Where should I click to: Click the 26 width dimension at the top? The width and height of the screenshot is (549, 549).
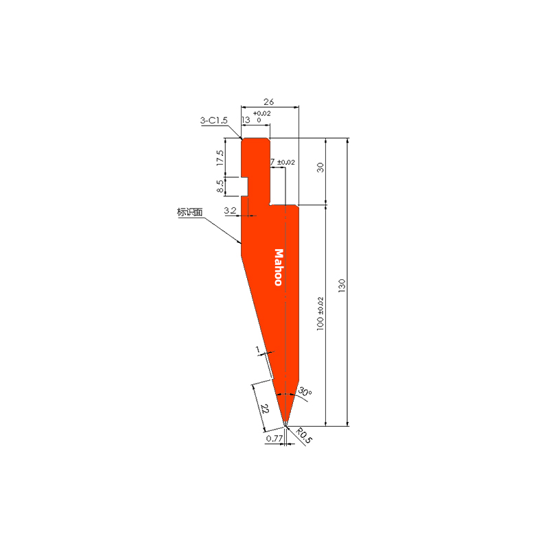coord(268,102)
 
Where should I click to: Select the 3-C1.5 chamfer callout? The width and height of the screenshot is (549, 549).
coord(213,121)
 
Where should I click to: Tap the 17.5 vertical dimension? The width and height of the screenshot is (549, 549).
coord(220,158)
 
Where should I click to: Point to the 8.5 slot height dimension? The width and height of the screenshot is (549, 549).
coord(220,186)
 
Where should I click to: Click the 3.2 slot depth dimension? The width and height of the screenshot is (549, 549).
coord(231,211)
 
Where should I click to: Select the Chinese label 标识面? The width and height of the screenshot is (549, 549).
coord(190,212)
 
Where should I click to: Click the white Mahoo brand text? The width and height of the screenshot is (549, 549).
coord(279,268)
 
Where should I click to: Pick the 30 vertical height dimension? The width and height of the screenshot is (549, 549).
coord(320,167)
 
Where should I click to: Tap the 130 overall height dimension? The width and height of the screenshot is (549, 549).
coord(342,285)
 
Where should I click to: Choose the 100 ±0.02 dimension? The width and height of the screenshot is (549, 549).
coord(320,314)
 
